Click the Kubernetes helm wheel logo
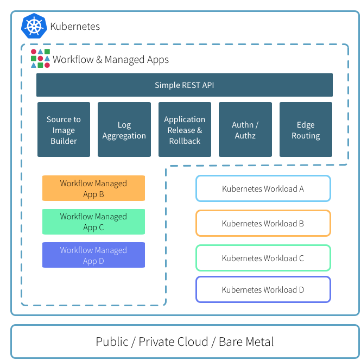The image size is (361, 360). pos(34,26)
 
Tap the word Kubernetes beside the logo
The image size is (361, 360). pos(75,26)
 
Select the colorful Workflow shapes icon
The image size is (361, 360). pos(40,59)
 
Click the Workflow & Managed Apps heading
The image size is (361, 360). pos(111,60)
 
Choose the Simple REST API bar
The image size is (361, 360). pos(184,85)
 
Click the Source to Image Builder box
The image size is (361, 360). pos(64,130)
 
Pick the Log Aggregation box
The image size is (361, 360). pos(124,130)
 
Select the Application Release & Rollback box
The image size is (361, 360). pos(185,130)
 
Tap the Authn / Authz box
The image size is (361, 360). pos(245,130)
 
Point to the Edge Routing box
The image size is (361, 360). pos(306,130)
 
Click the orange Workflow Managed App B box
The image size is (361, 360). pos(93,188)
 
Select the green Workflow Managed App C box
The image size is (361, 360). pos(93,222)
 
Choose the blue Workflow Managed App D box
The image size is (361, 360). pos(93,255)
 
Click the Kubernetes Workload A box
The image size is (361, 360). pos(263,189)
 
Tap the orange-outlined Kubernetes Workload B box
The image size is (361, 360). pos(263,223)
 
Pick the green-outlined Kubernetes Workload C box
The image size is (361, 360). pos(263,258)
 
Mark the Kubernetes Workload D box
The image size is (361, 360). pos(263,289)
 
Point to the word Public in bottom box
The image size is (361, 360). pos(112,342)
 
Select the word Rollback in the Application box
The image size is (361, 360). pos(185,141)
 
